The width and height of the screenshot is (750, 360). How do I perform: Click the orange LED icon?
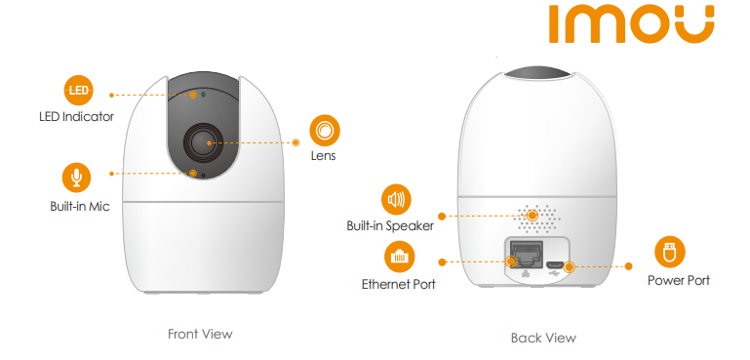[x=78, y=90]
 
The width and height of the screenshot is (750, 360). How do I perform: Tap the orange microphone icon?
[x=76, y=178]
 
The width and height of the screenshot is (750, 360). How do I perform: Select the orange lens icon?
[x=325, y=131]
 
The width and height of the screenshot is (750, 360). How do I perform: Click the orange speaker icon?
[x=396, y=199]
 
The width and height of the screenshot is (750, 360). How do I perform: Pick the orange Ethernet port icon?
[x=400, y=258]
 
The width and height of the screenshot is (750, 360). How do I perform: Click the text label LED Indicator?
[x=76, y=116]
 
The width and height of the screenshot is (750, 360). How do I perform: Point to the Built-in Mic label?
[x=80, y=206]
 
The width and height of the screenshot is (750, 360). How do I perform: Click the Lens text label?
[x=324, y=155]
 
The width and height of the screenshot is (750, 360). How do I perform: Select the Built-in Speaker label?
[x=390, y=226]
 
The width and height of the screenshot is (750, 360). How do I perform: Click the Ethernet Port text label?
[x=399, y=284]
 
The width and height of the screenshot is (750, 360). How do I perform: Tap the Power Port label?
[x=679, y=280]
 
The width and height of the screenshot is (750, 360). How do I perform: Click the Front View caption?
[x=200, y=334]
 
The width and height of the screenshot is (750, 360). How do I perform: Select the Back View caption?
[x=543, y=338]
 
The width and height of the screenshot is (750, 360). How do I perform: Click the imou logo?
[x=631, y=24]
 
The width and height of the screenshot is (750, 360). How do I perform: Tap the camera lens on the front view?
[x=202, y=142]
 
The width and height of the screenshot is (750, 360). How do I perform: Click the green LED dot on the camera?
[x=203, y=95]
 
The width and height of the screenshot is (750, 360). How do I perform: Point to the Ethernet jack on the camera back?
[x=526, y=255]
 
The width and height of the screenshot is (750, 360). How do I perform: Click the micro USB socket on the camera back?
[x=556, y=264]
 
